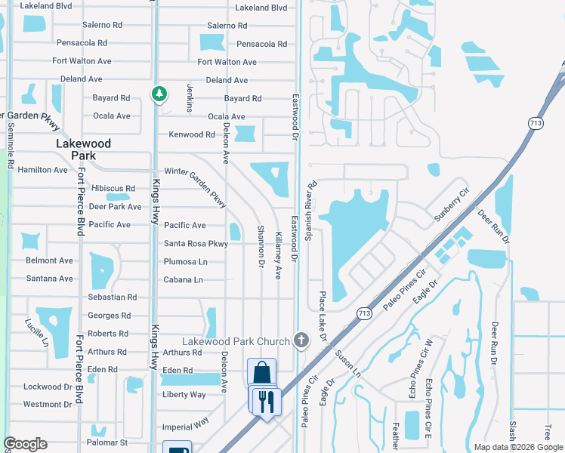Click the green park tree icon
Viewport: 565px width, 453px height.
tap(159, 94)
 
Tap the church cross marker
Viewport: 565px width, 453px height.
tap(302, 341)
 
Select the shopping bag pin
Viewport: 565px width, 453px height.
tap(261, 371)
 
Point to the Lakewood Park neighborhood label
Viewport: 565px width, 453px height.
tap(85, 149)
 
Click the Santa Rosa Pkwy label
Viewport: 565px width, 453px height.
tap(196, 243)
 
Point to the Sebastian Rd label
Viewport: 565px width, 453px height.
tap(113, 297)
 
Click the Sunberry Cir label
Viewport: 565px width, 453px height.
tap(452, 204)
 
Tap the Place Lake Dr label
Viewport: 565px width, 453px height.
tap(323, 317)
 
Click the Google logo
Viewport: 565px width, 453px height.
tap(26, 444)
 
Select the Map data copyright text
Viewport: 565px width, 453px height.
tap(518, 447)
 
